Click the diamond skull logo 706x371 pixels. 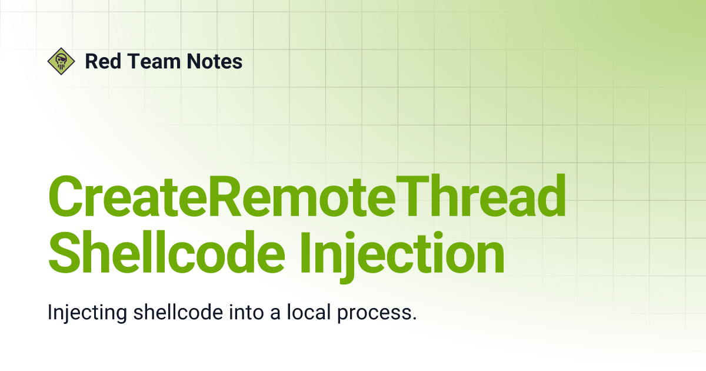tap(61, 61)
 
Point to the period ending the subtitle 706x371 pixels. tap(414, 319)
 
